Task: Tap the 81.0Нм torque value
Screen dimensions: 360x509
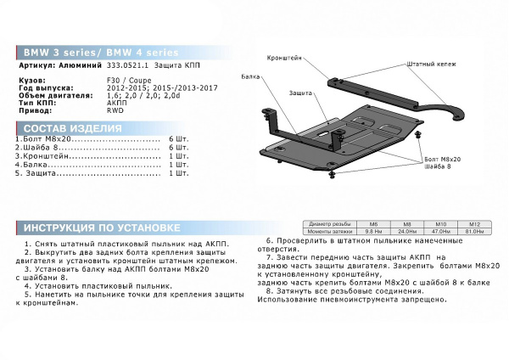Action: (x=475, y=230)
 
